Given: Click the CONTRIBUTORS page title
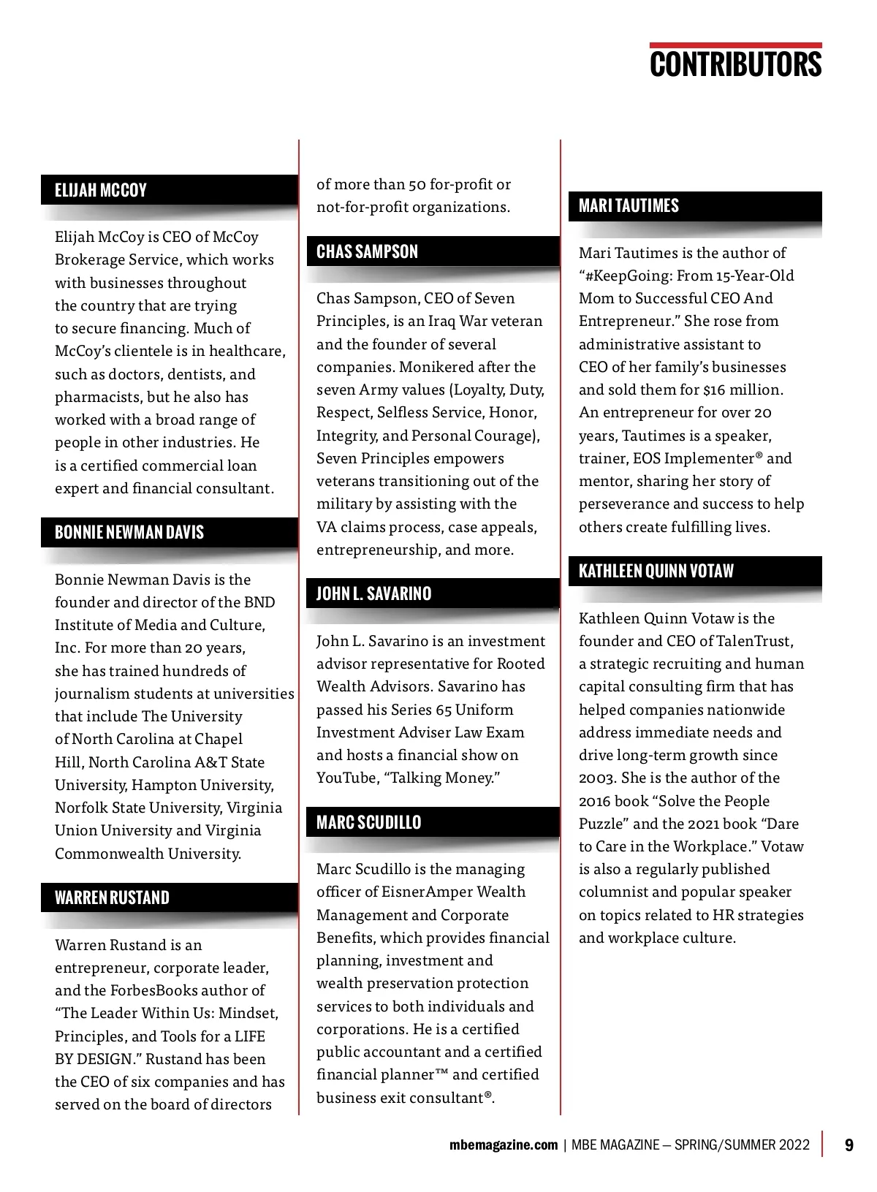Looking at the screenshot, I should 735,64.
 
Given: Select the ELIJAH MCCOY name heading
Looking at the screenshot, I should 101,191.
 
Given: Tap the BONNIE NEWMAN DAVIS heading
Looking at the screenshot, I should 129,532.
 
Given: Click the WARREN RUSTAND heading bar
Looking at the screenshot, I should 112,897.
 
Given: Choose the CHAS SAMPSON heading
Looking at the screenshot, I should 367,252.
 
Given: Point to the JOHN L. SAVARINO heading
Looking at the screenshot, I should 373,593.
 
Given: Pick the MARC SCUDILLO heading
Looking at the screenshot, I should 368,822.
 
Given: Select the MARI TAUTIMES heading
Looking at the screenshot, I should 629,206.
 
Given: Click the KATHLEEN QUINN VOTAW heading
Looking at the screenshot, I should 656,571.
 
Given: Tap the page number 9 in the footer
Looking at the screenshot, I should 848,1144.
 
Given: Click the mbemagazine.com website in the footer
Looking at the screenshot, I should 503,1145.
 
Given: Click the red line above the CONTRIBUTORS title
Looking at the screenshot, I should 735,45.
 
